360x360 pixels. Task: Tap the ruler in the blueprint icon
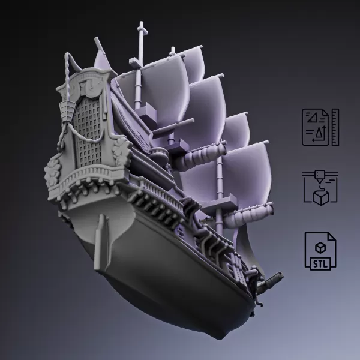pos(335,127)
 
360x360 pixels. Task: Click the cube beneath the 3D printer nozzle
pos(321,197)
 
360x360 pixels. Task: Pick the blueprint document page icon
pos(316,127)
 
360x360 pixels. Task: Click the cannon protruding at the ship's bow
pos(275,278)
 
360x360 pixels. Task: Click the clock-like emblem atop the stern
pos(89,84)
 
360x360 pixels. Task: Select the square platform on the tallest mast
pos(146,112)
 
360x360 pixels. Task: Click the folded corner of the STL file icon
pos(331,238)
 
